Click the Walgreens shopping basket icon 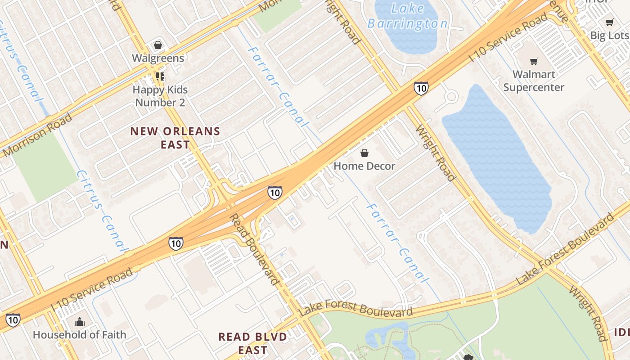158,45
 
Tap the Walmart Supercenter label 534,81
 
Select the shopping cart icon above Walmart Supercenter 534,61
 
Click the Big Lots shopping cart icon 610,22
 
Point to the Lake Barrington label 408,16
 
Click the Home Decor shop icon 364,153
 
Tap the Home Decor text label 364,166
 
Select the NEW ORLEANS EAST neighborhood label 175,138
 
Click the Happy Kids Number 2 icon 160,76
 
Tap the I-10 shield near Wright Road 421,88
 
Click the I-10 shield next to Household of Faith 13,320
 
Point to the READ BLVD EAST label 252,343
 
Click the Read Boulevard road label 255,249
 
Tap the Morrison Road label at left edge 37,135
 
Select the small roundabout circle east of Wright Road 451,96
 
